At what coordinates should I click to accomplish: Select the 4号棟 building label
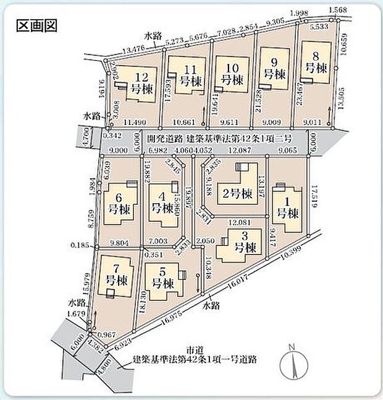162,204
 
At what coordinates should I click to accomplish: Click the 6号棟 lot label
117,204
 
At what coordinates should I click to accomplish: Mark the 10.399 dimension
290,254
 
